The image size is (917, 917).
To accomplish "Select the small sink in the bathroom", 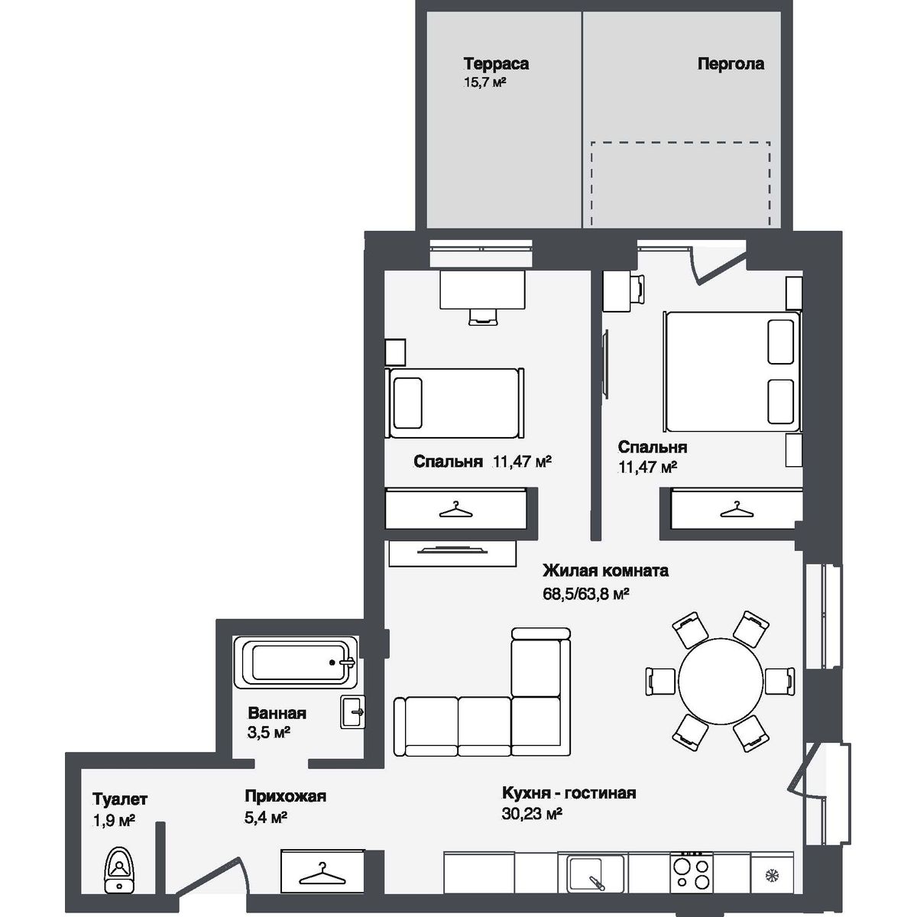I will click(x=353, y=711).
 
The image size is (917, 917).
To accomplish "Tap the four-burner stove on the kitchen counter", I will click(x=692, y=872).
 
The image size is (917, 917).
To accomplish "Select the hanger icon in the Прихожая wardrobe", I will click(x=320, y=872).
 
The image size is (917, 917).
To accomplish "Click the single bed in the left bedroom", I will click(x=456, y=403).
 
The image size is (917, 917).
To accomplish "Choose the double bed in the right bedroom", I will click(x=732, y=371).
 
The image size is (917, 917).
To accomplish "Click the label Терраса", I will click(x=496, y=64).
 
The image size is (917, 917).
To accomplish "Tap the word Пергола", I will click(x=730, y=64).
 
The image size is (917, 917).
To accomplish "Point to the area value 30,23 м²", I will click(x=532, y=815).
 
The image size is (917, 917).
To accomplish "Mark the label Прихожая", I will click(x=285, y=796).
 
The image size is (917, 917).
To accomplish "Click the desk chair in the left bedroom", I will click(x=481, y=316).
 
